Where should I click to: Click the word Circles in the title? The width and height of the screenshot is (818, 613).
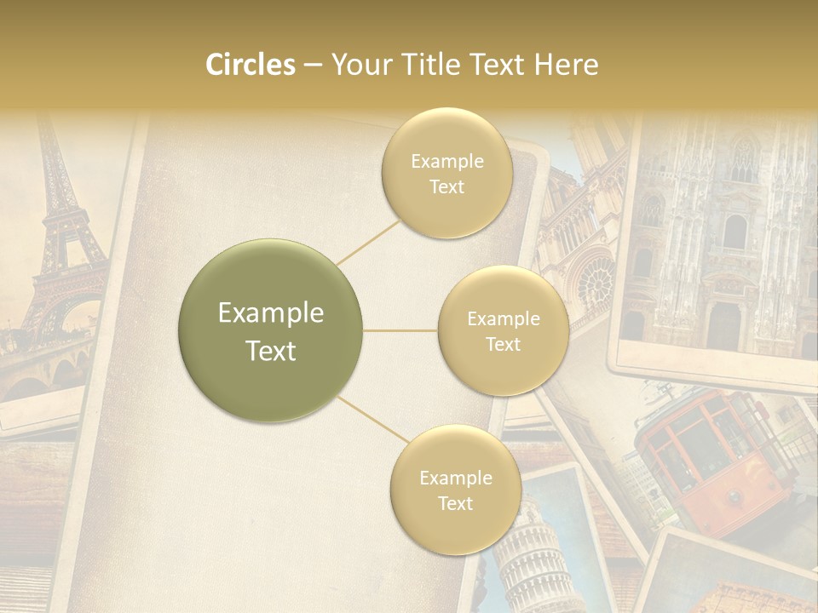[x=251, y=65]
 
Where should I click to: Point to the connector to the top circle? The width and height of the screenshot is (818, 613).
[x=367, y=243]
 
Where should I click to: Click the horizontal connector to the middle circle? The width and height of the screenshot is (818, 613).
[x=400, y=330]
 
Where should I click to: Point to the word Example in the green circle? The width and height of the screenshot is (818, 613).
[x=271, y=313]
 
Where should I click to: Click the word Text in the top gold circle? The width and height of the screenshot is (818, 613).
[x=446, y=186]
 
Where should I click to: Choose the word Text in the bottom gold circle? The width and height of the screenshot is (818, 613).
[x=456, y=503]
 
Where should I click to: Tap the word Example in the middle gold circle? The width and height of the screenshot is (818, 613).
[x=504, y=318]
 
